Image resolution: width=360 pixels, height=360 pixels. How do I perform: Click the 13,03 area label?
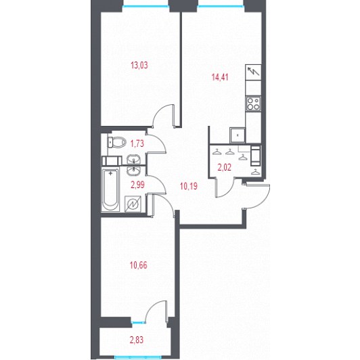tap(139, 65)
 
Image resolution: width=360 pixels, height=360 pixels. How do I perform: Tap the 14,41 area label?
tap(220, 77)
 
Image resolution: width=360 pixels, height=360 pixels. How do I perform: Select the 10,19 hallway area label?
tap(189, 186)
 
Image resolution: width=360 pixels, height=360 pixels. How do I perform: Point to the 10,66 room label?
tap(139, 265)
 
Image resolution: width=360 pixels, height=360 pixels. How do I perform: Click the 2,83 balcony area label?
tap(137, 340)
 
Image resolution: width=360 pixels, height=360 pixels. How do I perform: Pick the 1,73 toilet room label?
tap(137, 143)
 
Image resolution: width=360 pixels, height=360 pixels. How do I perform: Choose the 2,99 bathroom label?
tap(137, 185)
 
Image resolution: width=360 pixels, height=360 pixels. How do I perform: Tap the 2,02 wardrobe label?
tap(224, 167)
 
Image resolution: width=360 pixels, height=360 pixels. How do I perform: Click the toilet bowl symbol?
tap(117, 142)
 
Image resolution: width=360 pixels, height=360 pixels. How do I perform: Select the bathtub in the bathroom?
tap(110, 190)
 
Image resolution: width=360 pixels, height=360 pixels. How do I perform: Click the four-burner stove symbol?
tap(253, 104)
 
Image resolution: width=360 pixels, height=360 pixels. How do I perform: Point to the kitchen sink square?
tap(238, 135)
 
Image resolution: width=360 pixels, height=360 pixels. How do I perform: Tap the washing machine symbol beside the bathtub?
tap(133, 204)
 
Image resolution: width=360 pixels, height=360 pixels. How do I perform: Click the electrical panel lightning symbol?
tap(253, 72)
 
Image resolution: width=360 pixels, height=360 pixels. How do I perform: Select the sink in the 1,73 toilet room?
tap(133, 159)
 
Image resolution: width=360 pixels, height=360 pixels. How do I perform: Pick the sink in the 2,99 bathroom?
tap(133, 171)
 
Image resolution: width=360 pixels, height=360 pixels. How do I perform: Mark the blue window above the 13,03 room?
tap(145, 6)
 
